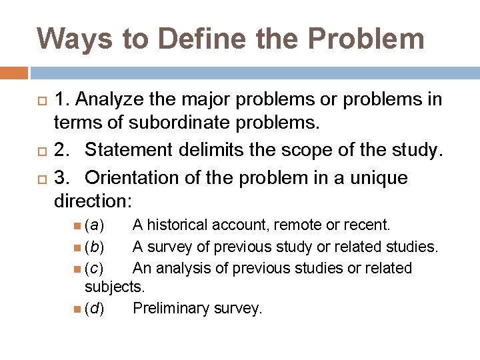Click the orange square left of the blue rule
point(14,72)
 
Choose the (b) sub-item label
point(94,247)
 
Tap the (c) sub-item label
point(94,269)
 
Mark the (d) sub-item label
point(94,309)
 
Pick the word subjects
point(114,287)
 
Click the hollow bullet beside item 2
point(41,150)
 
